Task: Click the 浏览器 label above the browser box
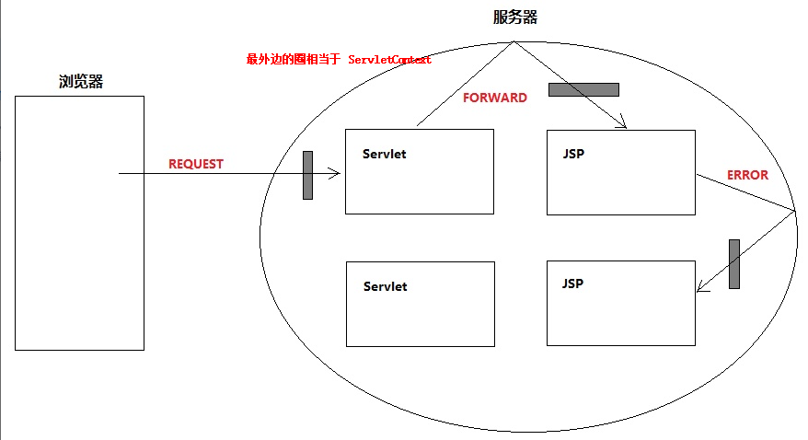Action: pos(80,82)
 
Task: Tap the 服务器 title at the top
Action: pos(514,17)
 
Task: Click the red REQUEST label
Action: pos(196,164)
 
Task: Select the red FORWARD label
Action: pos(494,98)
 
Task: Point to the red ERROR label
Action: pos(747,175)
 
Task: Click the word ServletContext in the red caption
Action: pos(389,60)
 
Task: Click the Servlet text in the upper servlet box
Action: pos(384,154)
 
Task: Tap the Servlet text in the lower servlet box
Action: pos(385,286)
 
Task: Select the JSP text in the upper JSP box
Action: pos(572,153)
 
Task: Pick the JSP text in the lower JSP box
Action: pos(572,284)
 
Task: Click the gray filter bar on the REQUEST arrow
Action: pos(307,175)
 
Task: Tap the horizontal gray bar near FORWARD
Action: pos(583,89)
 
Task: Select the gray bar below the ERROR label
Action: pos(733,264)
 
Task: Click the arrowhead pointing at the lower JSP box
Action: pos(700,288)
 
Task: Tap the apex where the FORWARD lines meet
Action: pos(514,41)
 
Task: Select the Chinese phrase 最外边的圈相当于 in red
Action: pos(294,60)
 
